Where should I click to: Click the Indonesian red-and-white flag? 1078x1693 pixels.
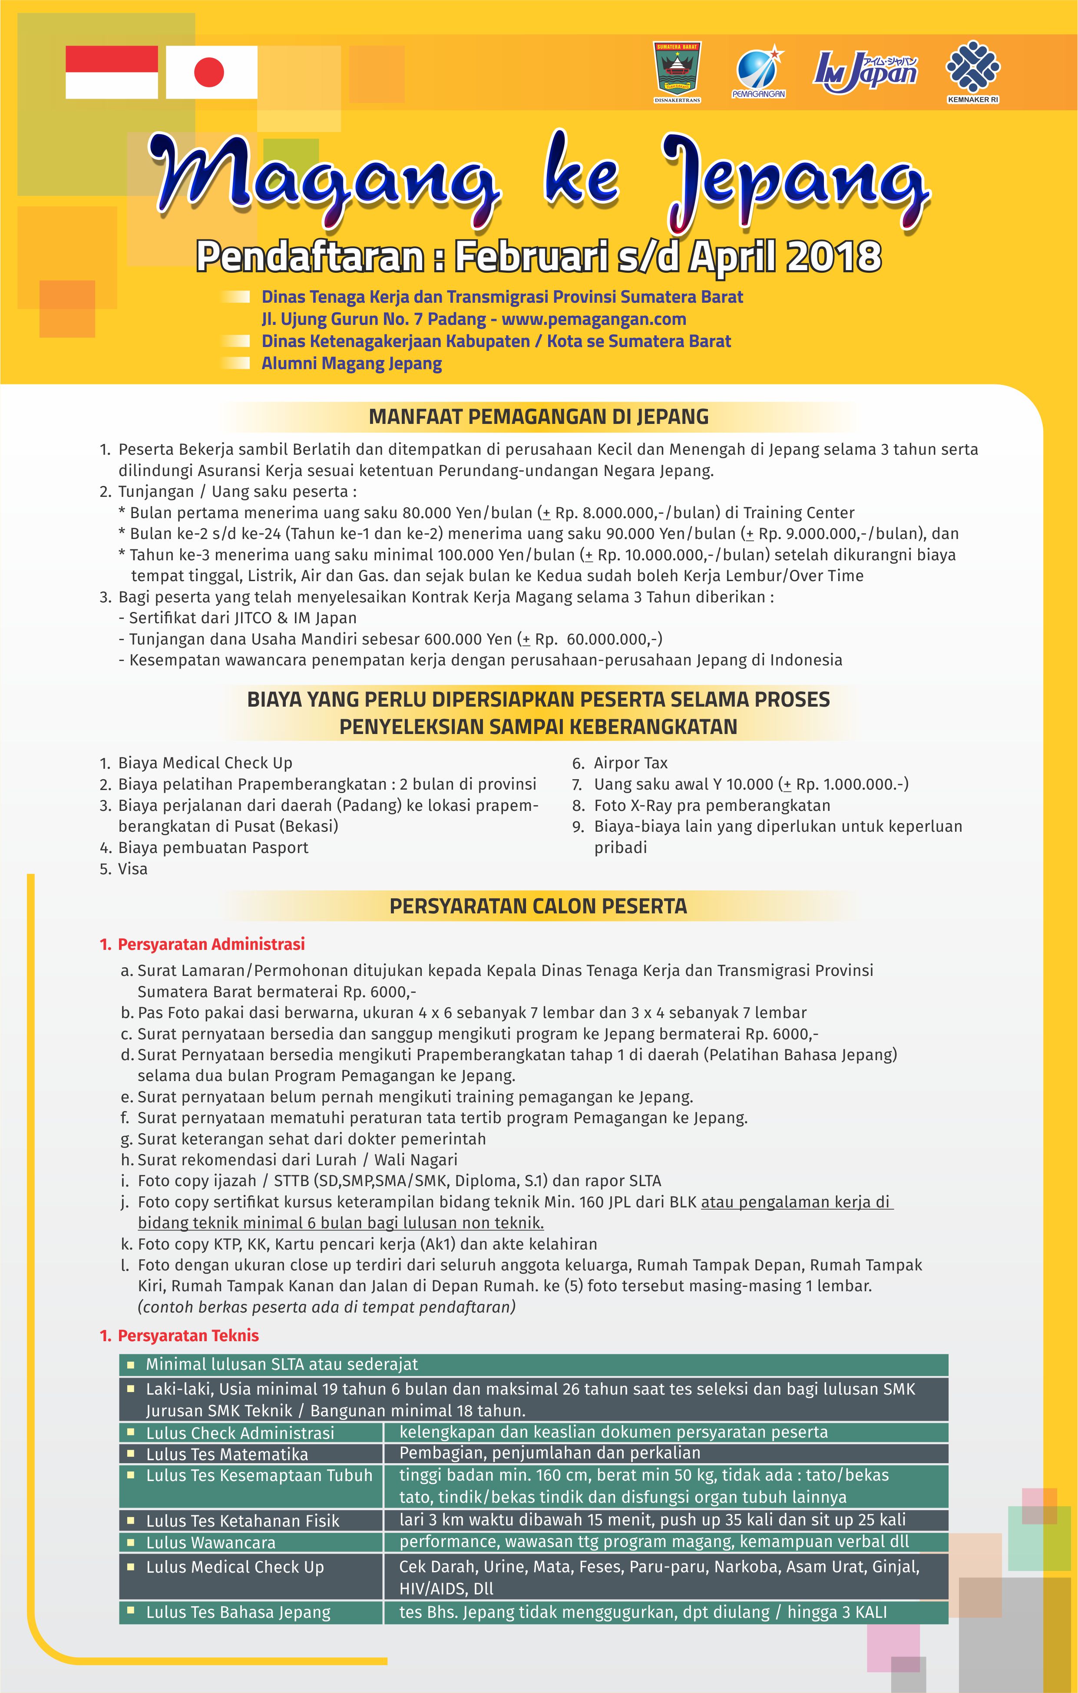click(x=111, y=72)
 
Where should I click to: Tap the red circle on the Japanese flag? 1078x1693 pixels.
click(x=209, y=72)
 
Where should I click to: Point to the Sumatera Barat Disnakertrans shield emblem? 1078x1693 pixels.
click(x=677, y=70)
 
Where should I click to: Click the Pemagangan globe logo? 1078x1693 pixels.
click(x=758, y=71)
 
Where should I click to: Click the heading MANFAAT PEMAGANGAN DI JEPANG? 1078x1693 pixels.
click(x=539, y=417)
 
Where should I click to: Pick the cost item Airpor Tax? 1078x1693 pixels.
click(x=630, y=763)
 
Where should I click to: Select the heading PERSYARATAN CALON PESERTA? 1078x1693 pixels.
click(x=538, y=906)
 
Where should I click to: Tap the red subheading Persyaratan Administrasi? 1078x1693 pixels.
click(x=211, y=944)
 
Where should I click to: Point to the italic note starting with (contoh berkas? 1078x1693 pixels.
click(x=326, y=1307)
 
